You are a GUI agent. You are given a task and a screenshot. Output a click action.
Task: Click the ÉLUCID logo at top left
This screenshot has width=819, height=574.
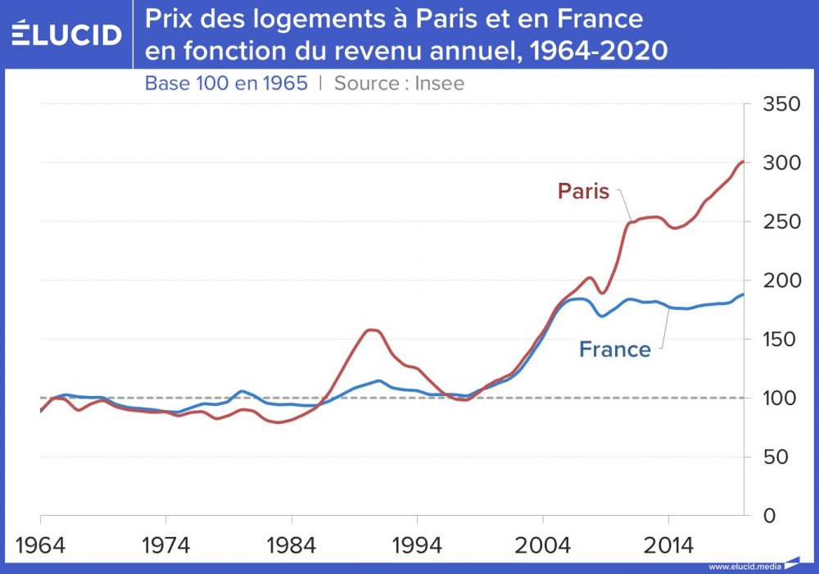[66, 34]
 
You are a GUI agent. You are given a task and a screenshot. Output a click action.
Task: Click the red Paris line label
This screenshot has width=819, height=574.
[583, 192]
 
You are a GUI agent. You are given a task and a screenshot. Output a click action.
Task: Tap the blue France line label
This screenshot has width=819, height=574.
[615, 349]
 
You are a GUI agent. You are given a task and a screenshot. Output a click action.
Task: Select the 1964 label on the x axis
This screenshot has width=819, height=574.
[41, 544]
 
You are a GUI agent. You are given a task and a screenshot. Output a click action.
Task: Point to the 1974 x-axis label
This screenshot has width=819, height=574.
[165, 544]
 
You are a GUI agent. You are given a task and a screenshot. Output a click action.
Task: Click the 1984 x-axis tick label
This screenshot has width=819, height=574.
[292, 544]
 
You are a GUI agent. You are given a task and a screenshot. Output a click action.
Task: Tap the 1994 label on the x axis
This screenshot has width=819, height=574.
[417, 544]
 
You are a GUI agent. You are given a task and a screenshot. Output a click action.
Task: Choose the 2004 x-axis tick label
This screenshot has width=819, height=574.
[542, 544]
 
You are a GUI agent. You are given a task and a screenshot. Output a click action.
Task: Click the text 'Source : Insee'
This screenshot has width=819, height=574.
[399, 84]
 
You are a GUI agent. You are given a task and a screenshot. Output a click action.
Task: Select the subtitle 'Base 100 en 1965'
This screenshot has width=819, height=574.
[226, 84]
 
